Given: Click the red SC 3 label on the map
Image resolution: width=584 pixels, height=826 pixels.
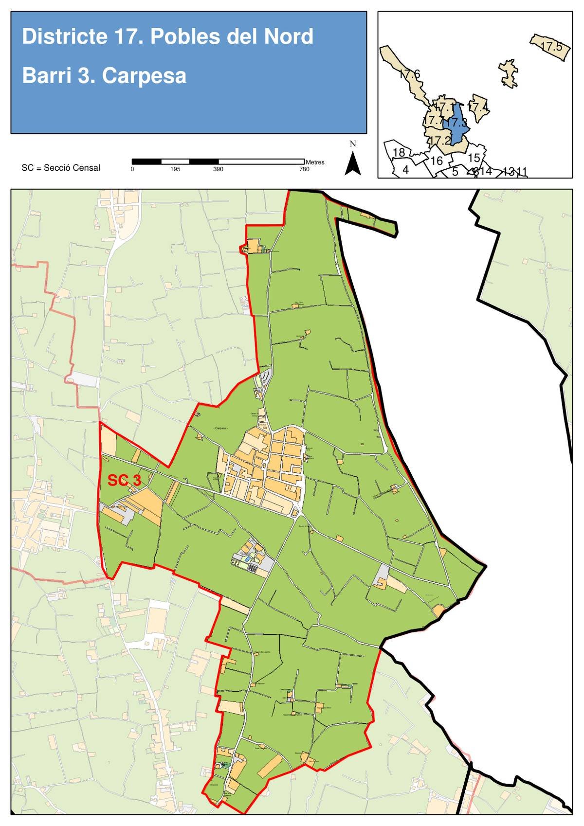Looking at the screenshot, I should [124, 481].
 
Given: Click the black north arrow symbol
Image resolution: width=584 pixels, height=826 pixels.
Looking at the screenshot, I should [353, 163].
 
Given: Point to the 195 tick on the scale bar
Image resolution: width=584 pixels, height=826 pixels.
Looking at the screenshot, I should [176, 169].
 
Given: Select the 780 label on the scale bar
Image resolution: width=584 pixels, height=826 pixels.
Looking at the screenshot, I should [304, 169].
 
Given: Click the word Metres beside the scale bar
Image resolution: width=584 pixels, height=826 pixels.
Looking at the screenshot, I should [315, 162].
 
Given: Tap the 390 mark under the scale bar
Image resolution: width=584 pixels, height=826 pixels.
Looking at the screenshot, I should [218, 169].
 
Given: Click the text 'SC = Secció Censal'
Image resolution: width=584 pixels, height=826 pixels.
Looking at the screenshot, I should [61, 168].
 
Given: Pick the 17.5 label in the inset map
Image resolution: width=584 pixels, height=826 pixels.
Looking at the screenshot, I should [551, 47].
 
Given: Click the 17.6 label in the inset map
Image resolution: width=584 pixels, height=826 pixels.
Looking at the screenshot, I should [409, 74].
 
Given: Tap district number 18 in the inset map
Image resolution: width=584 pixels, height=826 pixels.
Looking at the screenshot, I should [399, 152].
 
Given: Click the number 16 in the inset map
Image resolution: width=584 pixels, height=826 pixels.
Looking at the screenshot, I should [437, 161].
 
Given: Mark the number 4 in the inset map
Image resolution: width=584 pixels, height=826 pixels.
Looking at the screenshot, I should [405, 170].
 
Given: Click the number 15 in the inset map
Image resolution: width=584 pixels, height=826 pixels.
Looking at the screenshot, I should [474, 158].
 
